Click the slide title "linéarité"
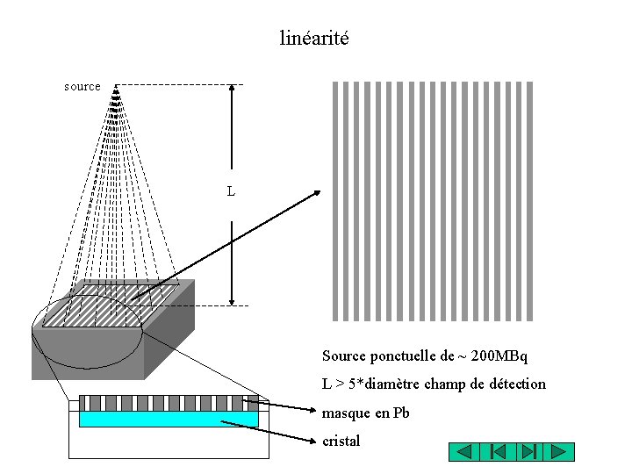pyautogui.click(x=314, y=39)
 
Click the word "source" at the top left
pyautogui.click(x=83, y=87)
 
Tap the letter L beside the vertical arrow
pyautogui.click(x=231, y=190)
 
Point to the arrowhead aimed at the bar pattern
pyautogui.click(x=317, y=194)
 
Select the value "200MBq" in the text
pyautogui.click(x=499, y=356)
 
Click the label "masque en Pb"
pyautogui.click(x=366, y=413)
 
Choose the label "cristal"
pyautogui.click(x=341, y=441)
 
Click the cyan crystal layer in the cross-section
pyautogui.click(x=169, y=420)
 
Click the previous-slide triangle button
pyautogui.click(x=465, y=452)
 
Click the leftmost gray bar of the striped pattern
pyautogui.click(x=334, y=201)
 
